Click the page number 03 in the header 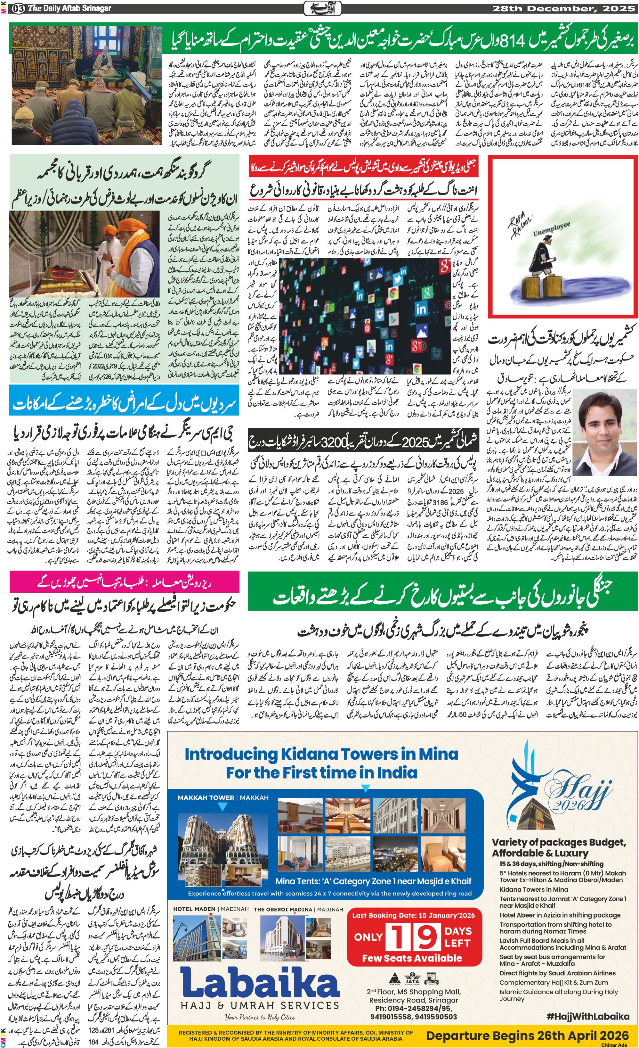click(x=18, y=8)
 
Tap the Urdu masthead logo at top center click(x=319, y=8)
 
